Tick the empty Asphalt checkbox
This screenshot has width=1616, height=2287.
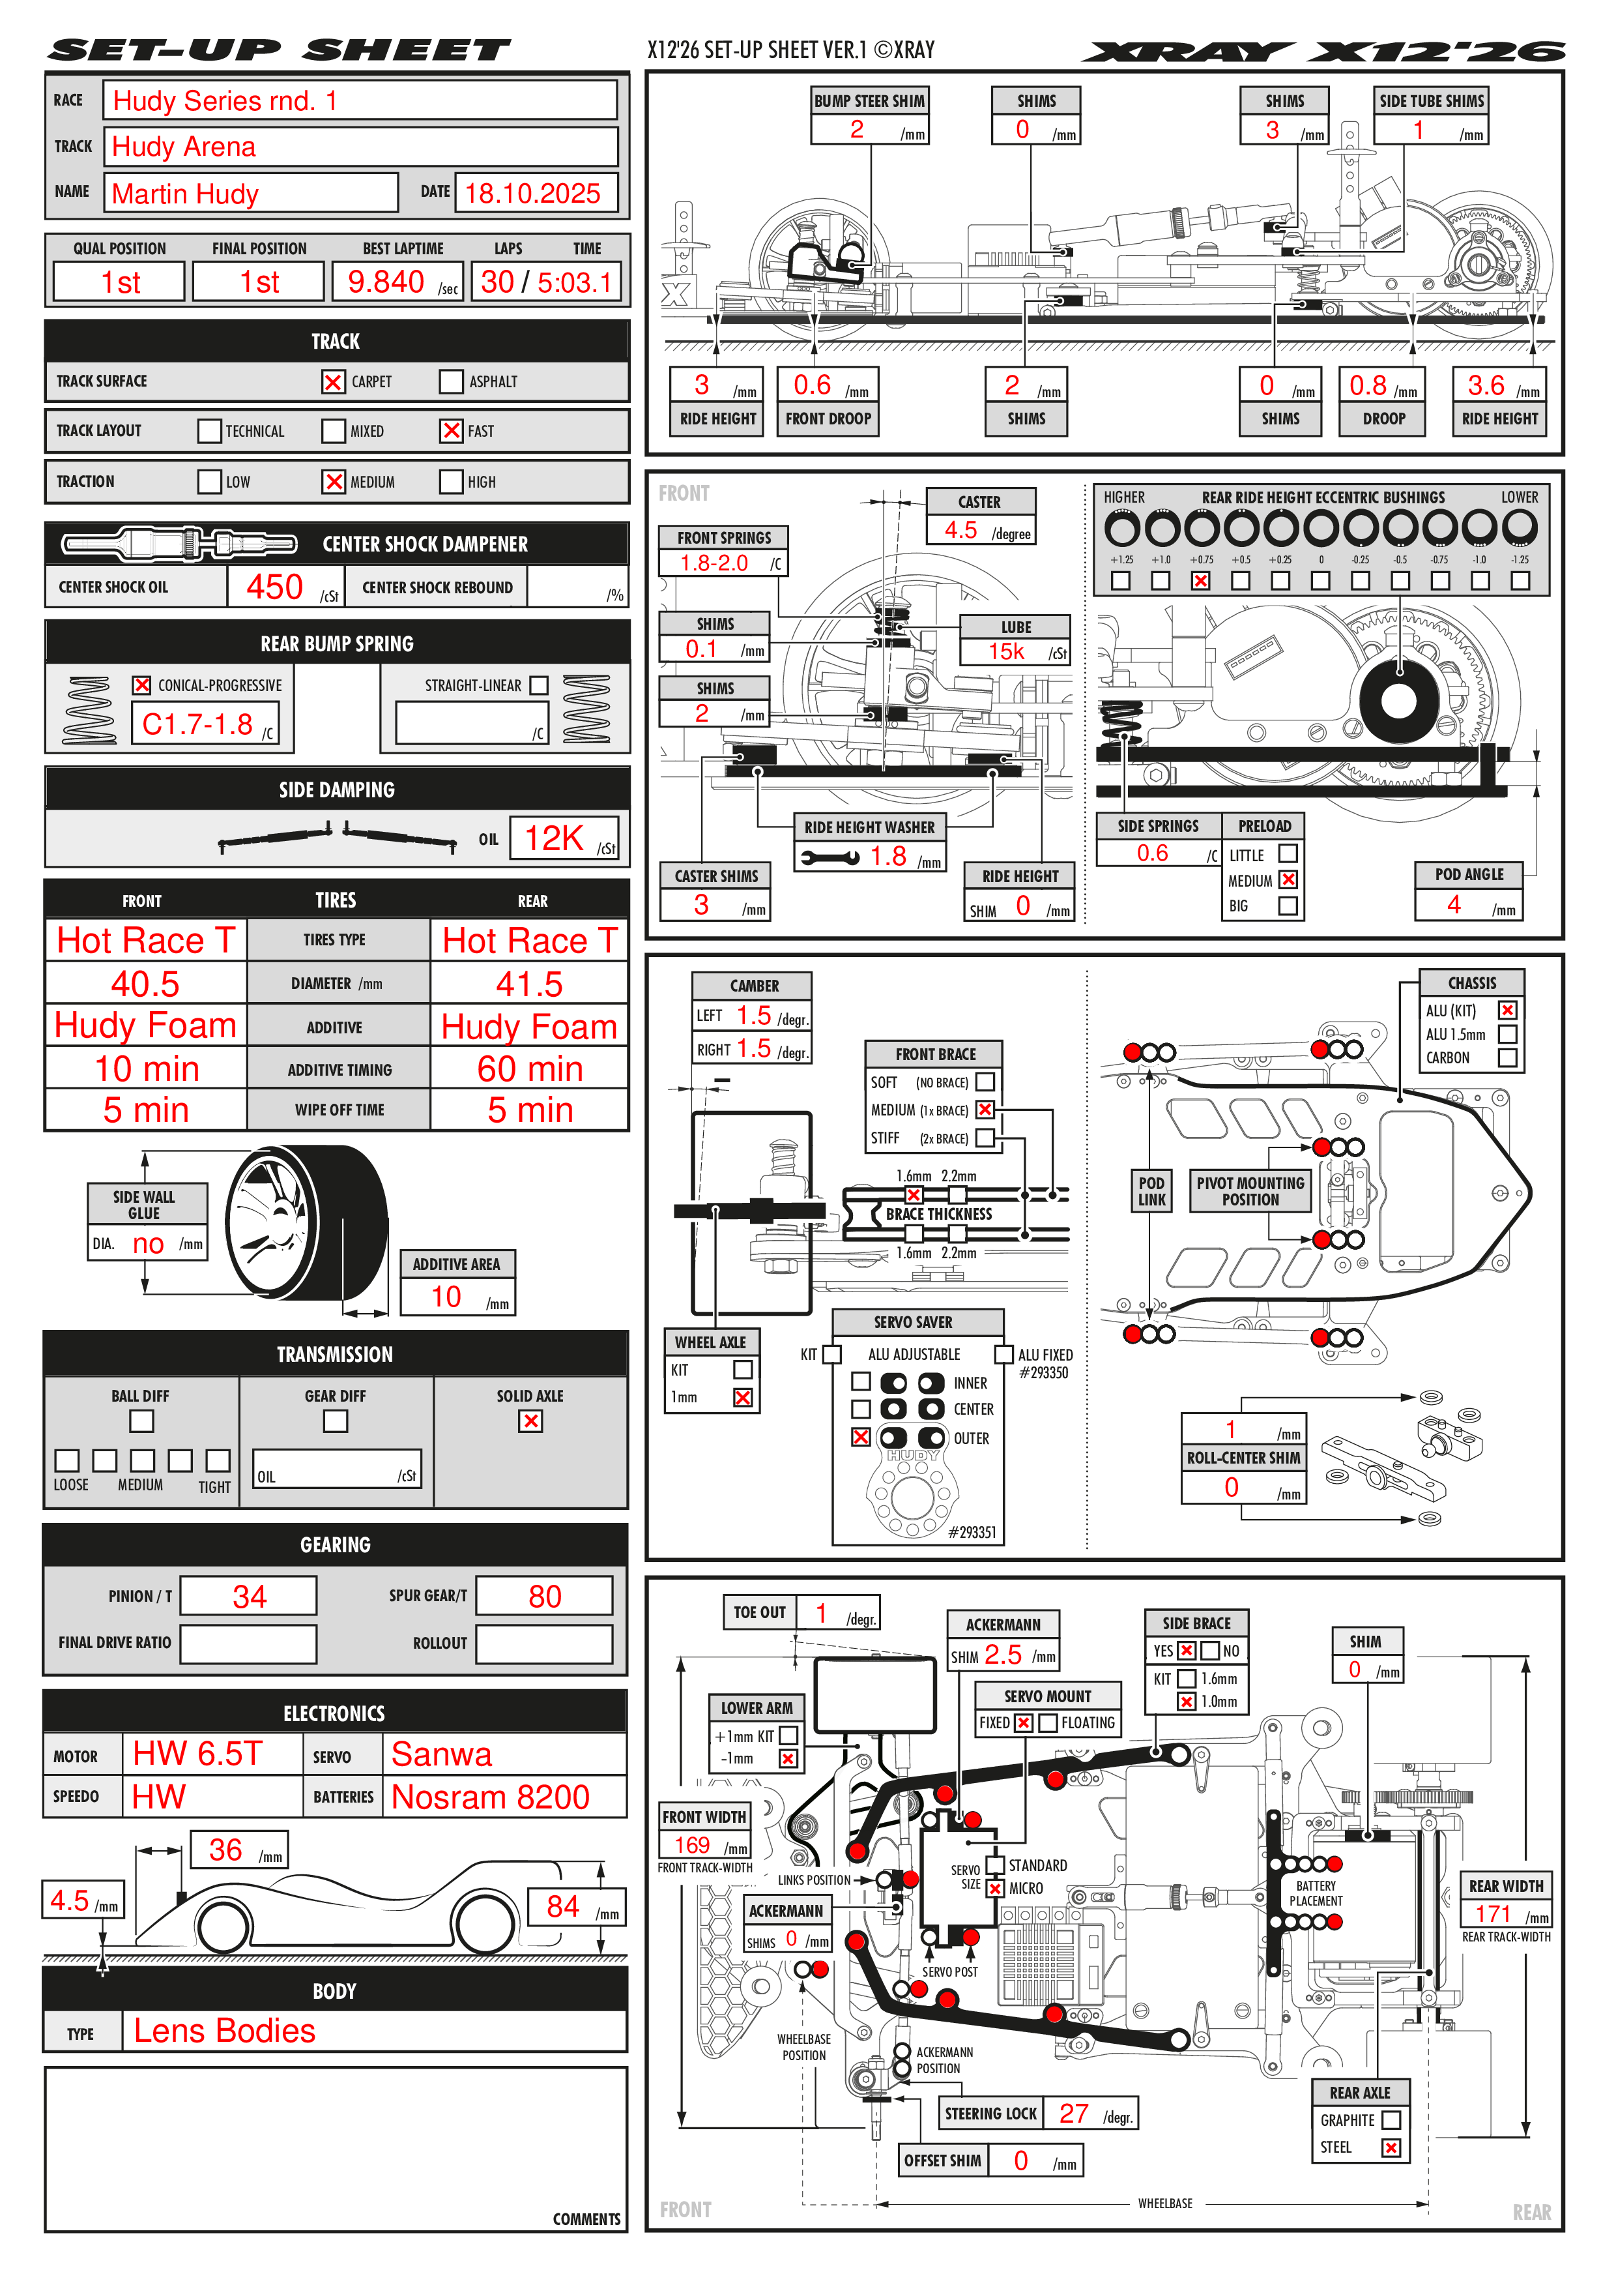click(x=451, y=381)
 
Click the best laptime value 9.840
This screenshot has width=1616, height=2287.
click(x=385, y=282)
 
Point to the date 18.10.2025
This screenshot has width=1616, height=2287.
click(x=532, y=193)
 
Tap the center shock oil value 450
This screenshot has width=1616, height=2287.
click(x=275, y=587)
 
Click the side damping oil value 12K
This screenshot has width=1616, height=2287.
click(x=554, y=838)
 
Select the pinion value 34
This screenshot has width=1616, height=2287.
click(x=249, y=1597)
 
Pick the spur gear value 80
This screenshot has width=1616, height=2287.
click(x=545, y=1597)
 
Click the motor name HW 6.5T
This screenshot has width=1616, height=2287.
click(x=197, y=1754)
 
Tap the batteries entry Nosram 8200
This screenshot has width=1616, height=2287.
click(x=490, y=1797)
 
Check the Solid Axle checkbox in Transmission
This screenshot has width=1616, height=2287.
click(x=530, y=1421)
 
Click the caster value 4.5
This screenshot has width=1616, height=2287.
click(x=961, y=530)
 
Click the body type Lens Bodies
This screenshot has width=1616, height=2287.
click(x=224, y=2031)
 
